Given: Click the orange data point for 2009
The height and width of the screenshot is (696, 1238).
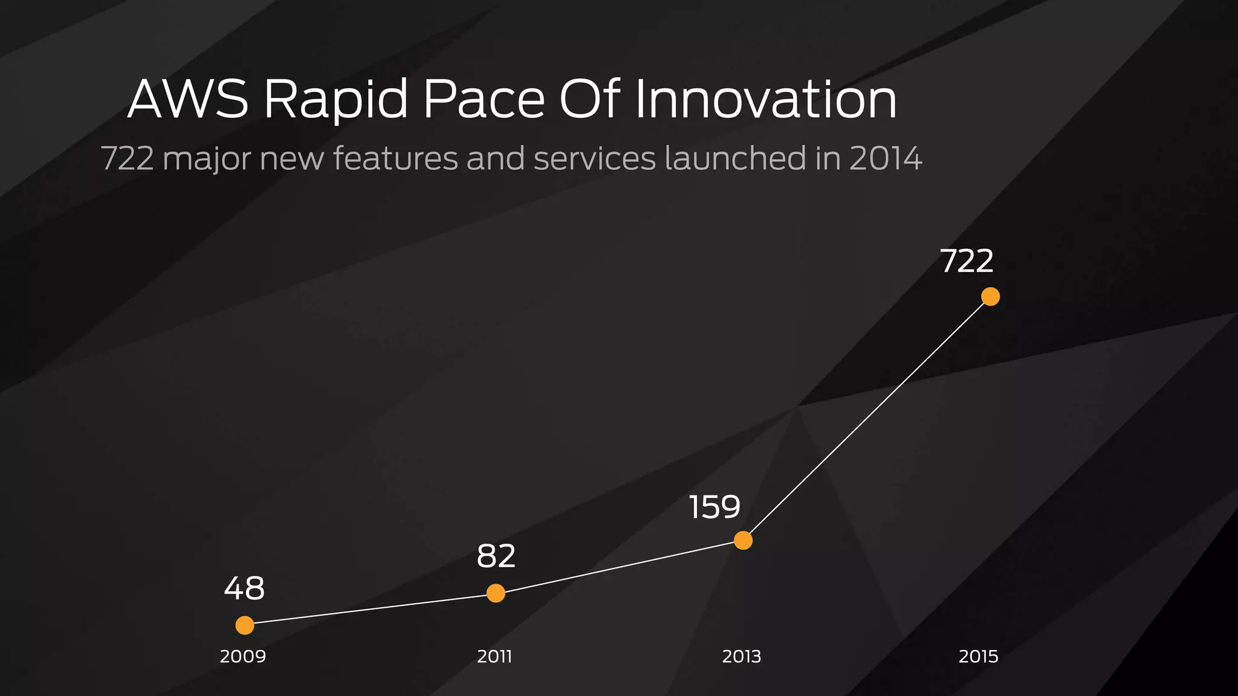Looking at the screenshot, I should pos(245,625).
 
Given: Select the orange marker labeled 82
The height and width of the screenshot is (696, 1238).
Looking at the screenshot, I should pos(496,593).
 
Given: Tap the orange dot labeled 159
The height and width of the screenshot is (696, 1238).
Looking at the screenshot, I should pos(743,540).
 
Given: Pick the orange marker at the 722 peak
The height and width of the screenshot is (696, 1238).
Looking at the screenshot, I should pos(990,297).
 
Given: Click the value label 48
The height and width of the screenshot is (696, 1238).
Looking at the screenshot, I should pos(244,588).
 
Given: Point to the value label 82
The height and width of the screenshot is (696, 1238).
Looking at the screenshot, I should pos(496,556).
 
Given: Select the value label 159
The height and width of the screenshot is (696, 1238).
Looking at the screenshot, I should pos(715,507).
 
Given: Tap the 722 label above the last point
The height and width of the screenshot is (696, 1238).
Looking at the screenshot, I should pos(967,261).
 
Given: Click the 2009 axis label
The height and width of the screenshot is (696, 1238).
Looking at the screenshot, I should pos(242,656).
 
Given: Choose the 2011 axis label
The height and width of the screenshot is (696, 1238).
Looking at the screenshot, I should pos(494,656).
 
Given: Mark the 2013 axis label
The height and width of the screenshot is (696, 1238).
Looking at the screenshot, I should pos(741,656).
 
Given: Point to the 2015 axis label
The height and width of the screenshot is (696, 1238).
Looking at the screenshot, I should pos(978,656).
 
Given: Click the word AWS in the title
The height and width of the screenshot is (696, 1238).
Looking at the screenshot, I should pos(188,99).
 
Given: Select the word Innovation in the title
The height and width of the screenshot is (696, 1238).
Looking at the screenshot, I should pos(765,99).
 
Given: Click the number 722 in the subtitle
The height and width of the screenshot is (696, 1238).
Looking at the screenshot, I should pos(127,159).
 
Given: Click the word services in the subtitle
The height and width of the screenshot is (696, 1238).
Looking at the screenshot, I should pos(594,159).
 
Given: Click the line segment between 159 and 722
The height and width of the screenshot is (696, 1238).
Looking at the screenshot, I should pos(866,419).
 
